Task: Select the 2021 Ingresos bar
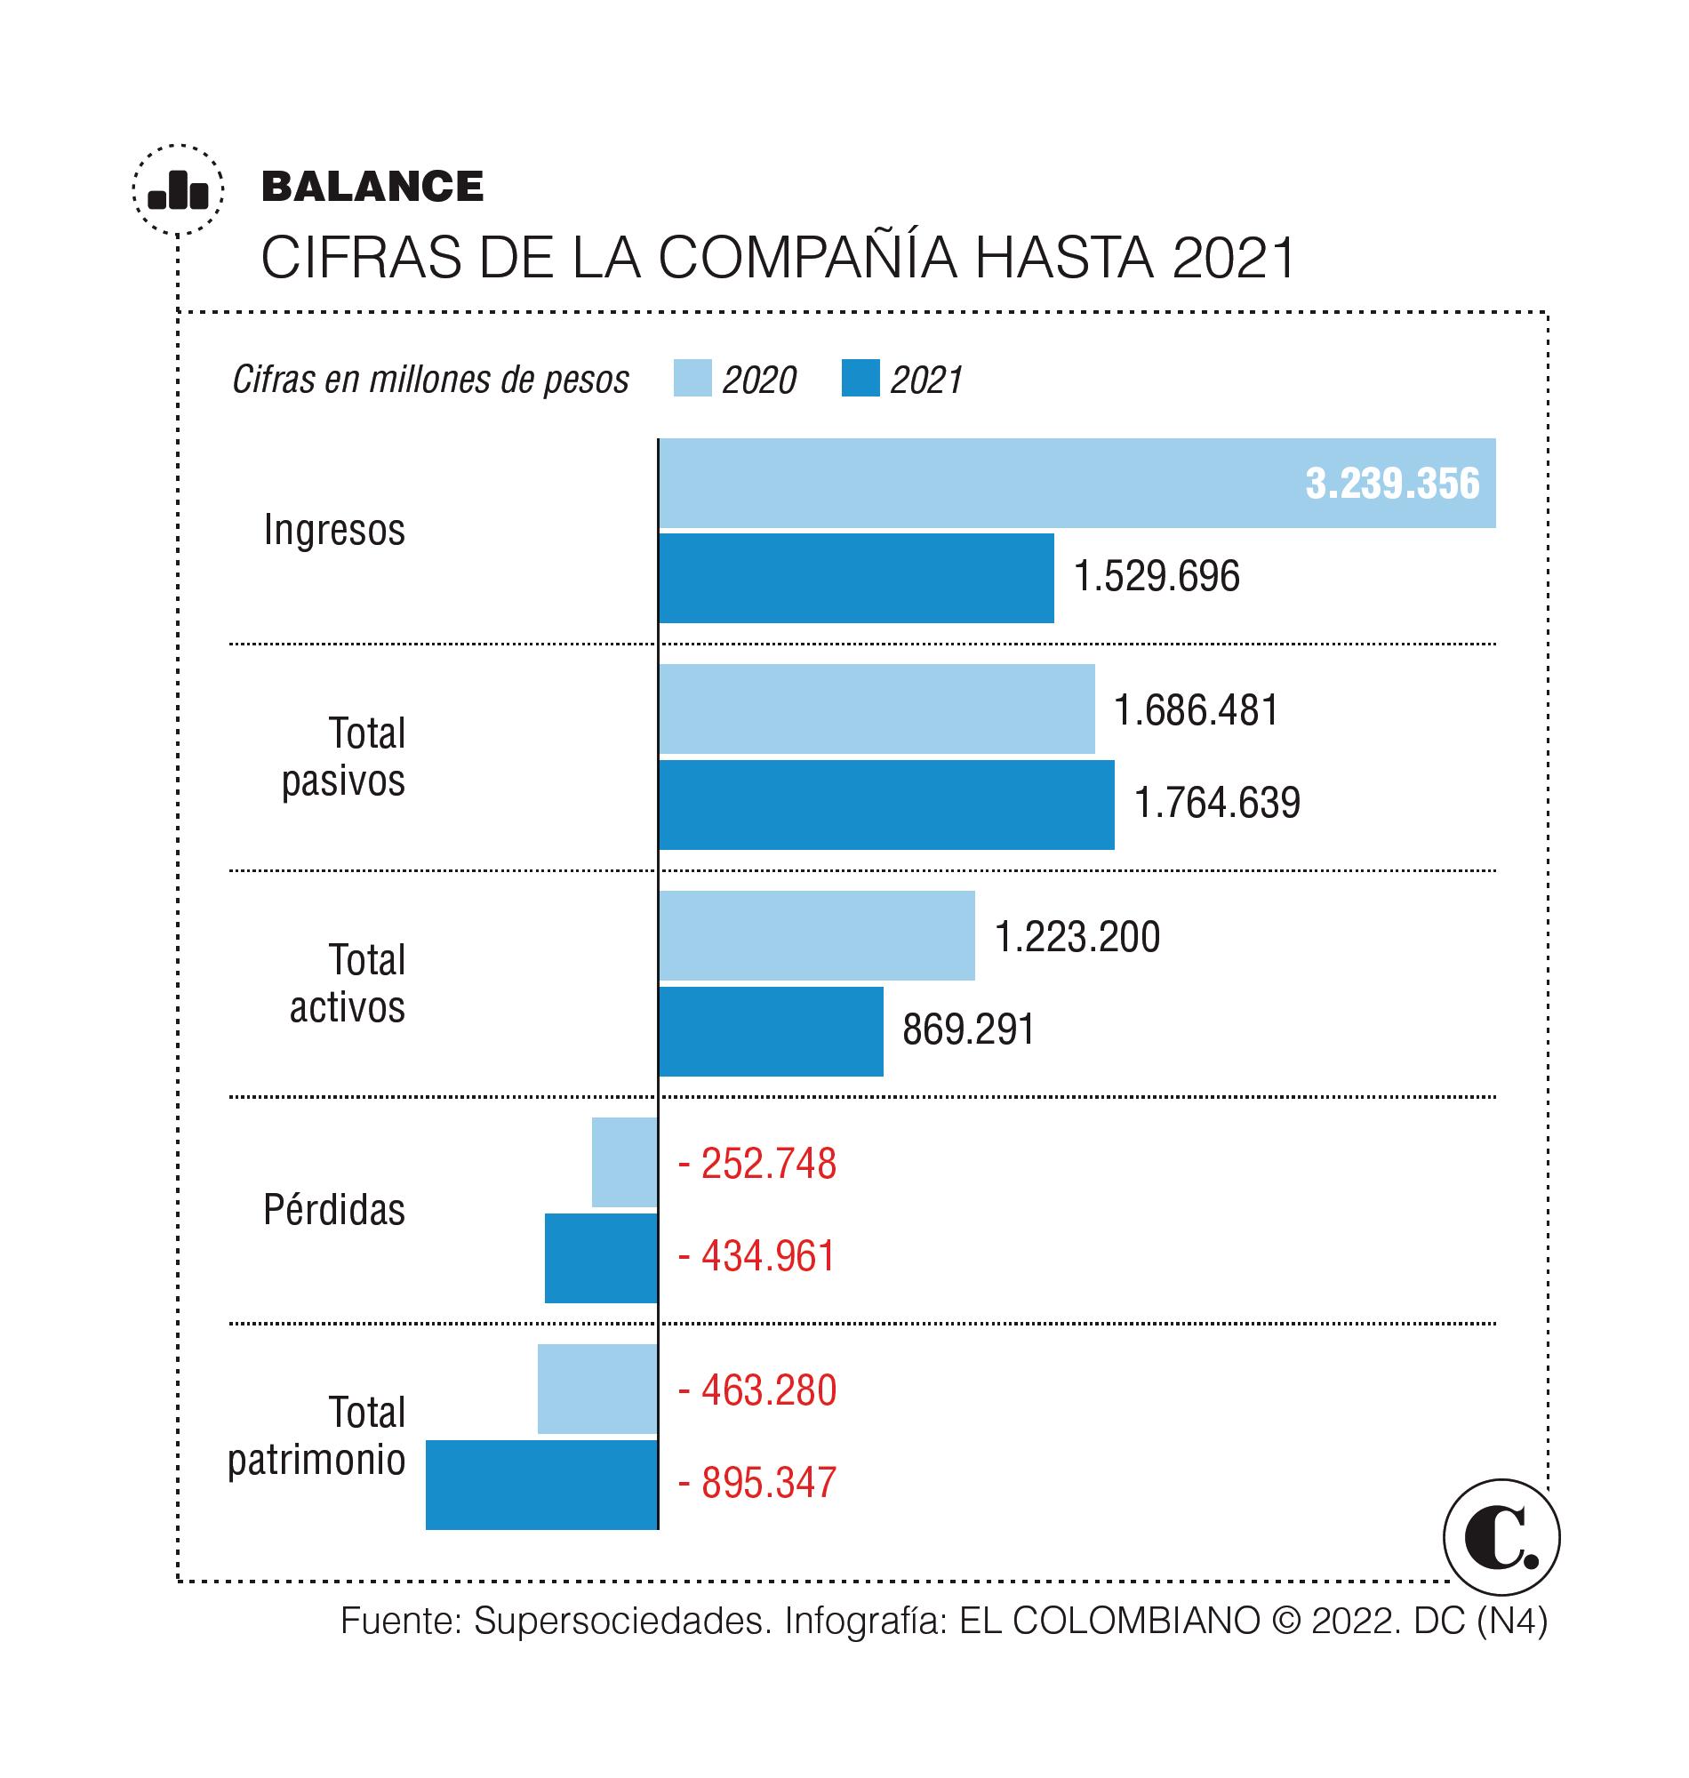(856, 578)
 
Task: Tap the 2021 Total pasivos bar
(887, 805)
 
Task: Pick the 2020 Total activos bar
(817, 935)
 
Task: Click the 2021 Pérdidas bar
(602, 1258)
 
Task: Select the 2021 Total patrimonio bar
(542, 1485)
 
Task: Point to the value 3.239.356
(1392, 485)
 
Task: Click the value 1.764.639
(1217, 803)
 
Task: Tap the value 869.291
(969, 1029)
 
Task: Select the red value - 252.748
(757, 1163)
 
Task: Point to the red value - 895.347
(757, 1483)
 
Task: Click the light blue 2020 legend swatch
(692, 378)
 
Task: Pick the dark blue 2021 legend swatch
(860, 378)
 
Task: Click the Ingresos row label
(334, 530)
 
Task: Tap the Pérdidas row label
(334, 1210)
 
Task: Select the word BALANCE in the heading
(372, 187)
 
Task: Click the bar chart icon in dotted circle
(179, 190)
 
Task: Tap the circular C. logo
(1501, 1538)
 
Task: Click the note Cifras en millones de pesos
(430, 380)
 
